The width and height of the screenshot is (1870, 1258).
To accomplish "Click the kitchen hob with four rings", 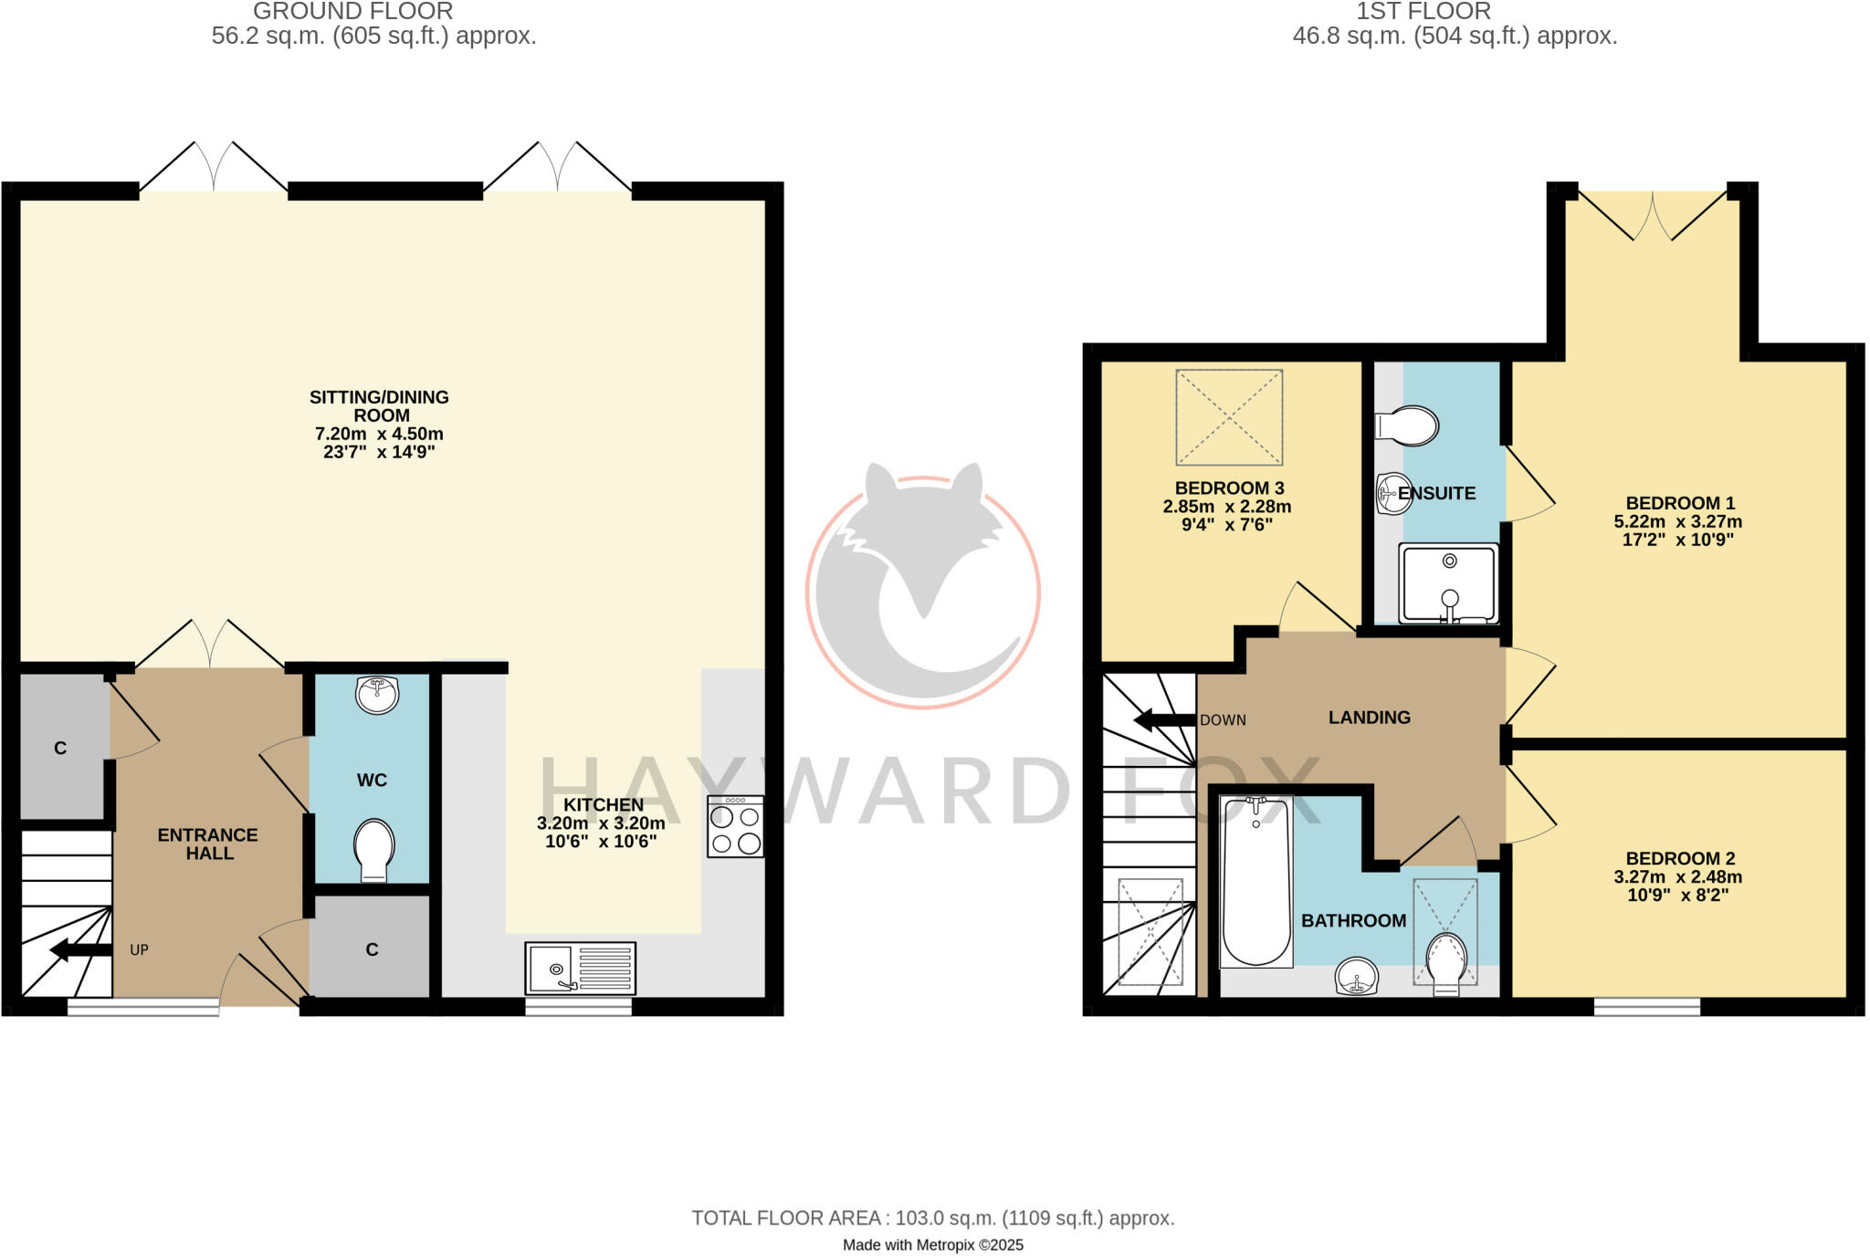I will coord(735,826).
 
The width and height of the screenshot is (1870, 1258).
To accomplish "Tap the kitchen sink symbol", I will coord(580,968).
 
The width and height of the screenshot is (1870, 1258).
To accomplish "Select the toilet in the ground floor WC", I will coord(373,850).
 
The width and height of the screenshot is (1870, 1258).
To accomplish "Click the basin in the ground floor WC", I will coord(377,695).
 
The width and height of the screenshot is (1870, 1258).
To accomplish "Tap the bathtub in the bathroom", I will coord(1256,881).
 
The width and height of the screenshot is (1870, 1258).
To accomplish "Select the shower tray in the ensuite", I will coord(1449,583).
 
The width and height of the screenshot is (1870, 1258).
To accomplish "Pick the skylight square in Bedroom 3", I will coord(1229,417).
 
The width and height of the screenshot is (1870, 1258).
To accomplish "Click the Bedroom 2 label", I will coord(1680,858).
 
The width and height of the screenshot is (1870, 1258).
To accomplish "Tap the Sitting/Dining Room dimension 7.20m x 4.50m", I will coord(379,434).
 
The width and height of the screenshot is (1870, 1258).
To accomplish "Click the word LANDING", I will coord(1369,718).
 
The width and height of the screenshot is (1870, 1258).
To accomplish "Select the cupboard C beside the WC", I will coord(371,949).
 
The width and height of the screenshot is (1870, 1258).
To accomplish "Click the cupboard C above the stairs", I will coord(61,748).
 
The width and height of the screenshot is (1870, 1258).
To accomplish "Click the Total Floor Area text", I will coord(932,1218).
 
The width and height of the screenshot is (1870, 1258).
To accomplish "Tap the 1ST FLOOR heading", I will coord(1423,12).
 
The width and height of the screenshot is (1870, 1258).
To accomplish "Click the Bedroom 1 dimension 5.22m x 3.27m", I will coord(1678,522).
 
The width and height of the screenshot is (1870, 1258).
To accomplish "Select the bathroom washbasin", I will coord(1356,977).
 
